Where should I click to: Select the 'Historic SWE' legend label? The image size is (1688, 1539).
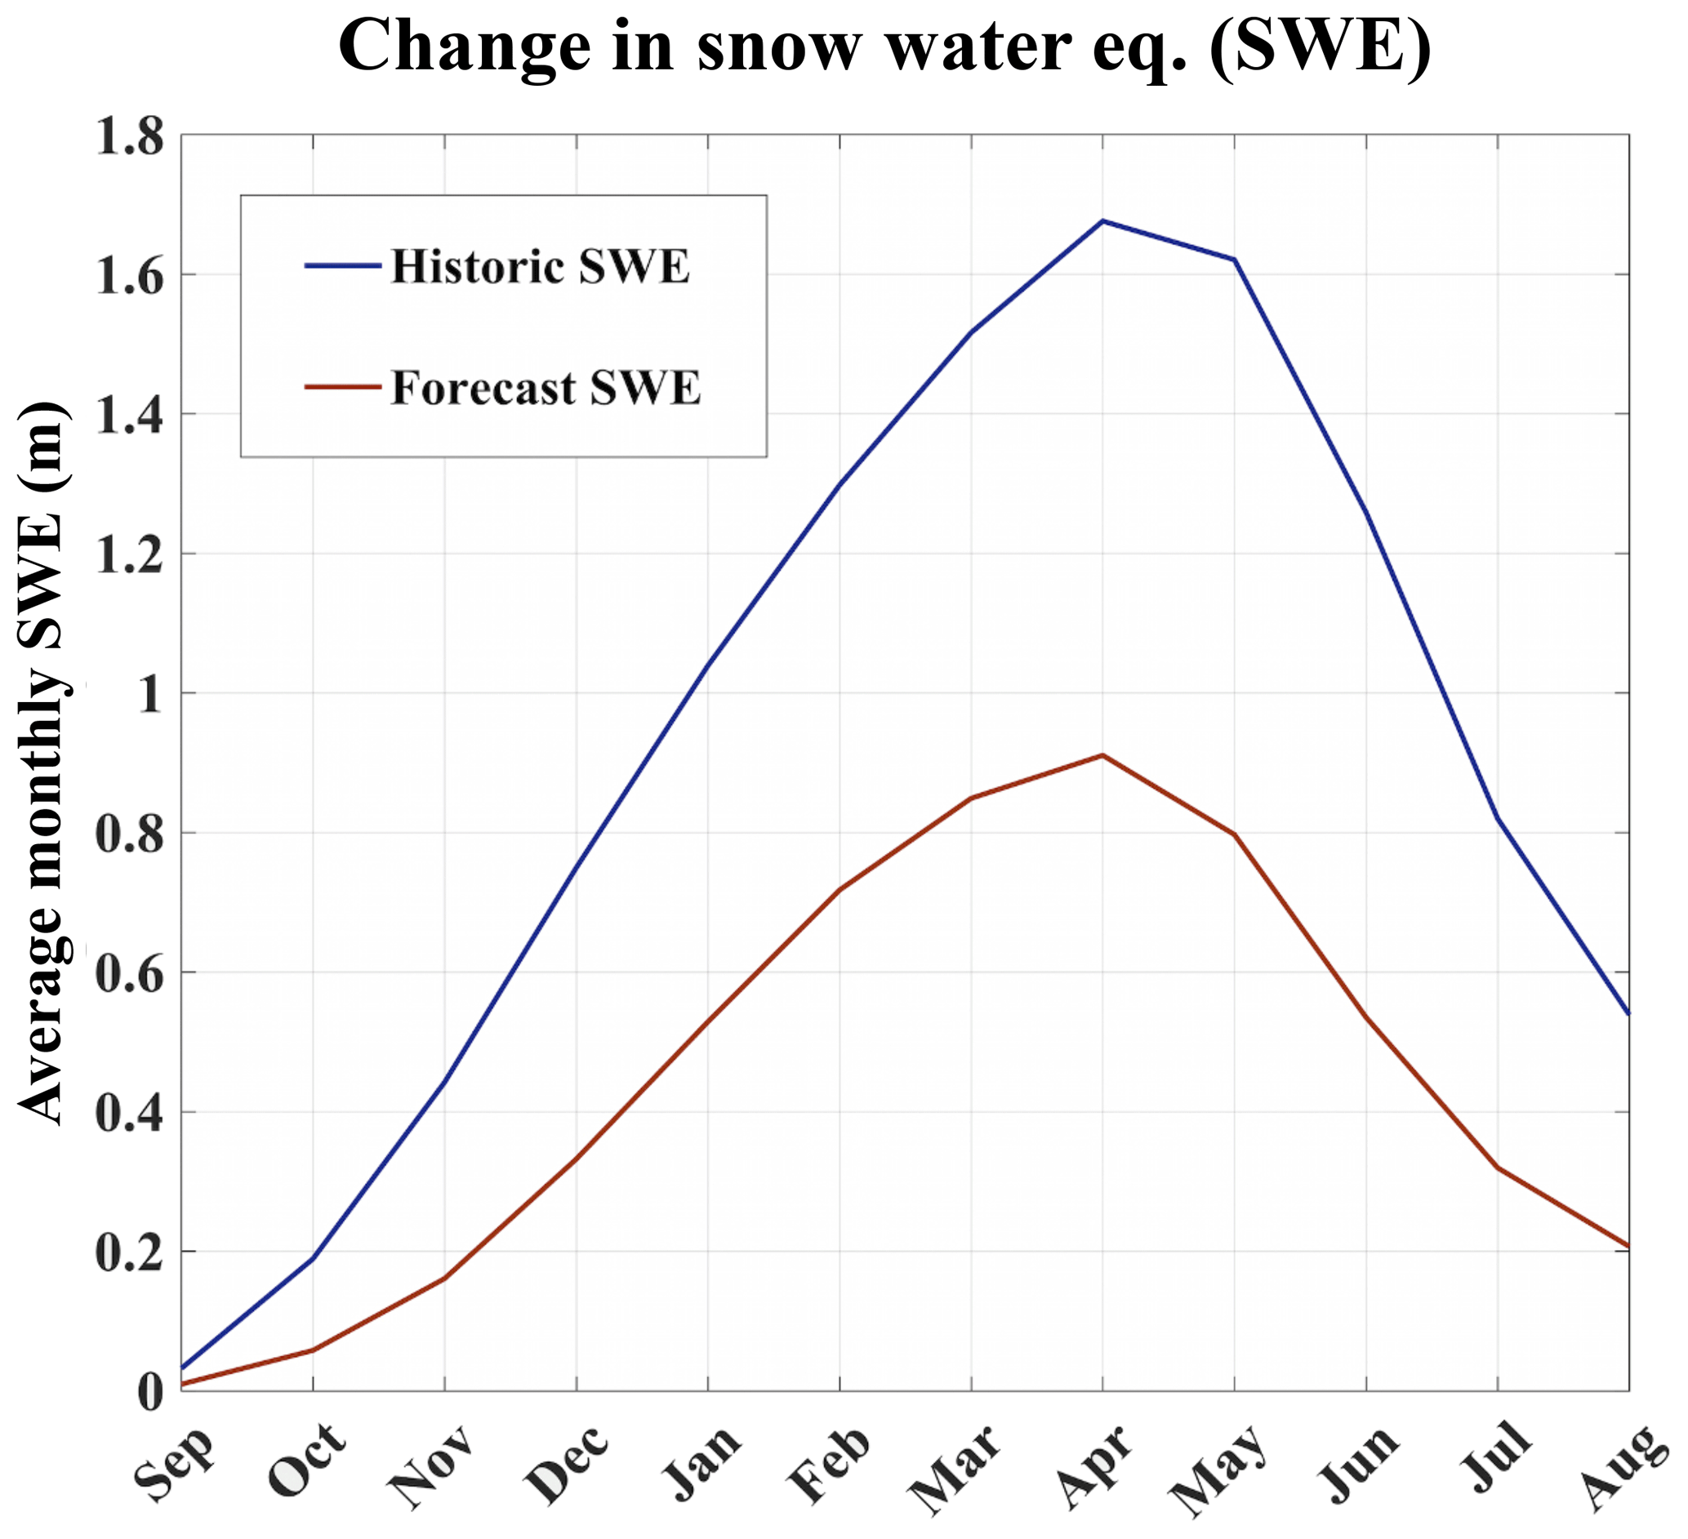pos(540,267)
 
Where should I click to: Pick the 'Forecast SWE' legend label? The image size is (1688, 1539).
pos(545,388)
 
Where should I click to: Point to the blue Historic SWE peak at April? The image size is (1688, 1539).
pos(1102,221)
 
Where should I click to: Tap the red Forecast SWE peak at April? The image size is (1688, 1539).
pos(1102,755)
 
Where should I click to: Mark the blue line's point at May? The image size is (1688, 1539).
pos(1234,260)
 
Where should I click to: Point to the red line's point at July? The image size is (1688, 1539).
pos(1498,1168)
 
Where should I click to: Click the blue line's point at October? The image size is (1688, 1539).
pos(313,1257)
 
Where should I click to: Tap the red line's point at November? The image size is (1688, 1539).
pos(444,1279)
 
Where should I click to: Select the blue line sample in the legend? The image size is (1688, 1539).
pos(343,265)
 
